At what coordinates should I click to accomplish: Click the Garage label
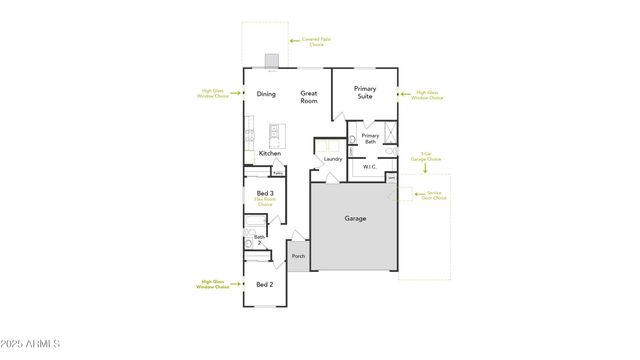point(355,218)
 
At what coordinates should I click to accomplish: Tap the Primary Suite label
point(365,92)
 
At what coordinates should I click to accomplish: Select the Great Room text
point(309,97)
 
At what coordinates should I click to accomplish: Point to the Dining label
point(266,95)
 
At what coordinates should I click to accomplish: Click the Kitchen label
point(270,153)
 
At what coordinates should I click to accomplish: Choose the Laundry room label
point(333,159)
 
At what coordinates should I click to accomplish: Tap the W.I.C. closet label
point(370,167)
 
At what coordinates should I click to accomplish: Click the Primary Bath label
point(370,139)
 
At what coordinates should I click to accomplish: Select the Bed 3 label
point(265,192)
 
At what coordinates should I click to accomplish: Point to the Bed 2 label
point(265,284)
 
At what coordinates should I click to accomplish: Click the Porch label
point(298,256)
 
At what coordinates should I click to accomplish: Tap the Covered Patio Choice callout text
point(317,42)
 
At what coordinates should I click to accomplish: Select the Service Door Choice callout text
point(436,196)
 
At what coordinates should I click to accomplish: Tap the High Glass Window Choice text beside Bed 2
point(213,284)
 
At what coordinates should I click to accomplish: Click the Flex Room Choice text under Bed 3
point(265,201)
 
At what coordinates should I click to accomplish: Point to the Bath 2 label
point(258,239)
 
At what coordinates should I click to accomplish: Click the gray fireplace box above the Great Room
point(271,60)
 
